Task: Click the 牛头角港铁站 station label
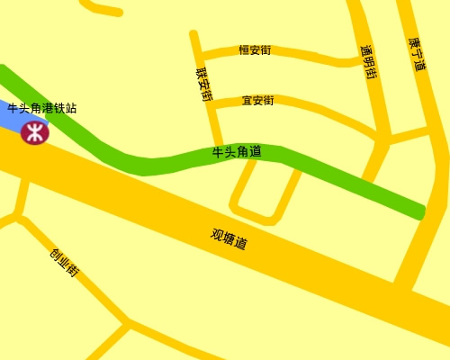coord(42,108)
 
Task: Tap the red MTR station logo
coord(34,133)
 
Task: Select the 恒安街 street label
coord(255,50)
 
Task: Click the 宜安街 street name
coord(257,100)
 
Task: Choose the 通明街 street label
coord(368,62)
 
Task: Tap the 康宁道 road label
coord(418,55)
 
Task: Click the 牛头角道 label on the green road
coord(237,152)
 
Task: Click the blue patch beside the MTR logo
coord(11,119)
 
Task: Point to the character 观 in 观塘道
coord(217,234)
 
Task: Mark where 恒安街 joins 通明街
coord(354,60)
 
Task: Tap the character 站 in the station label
coord(71,108)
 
